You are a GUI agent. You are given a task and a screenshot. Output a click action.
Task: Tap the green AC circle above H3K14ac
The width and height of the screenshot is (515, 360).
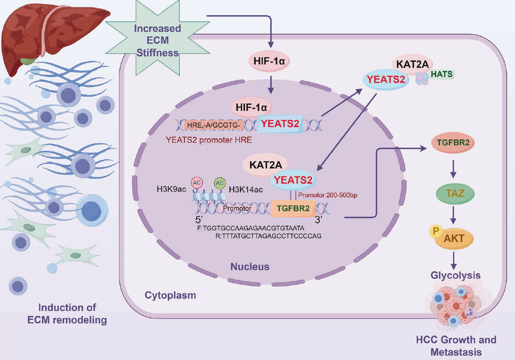(x=219, y=182)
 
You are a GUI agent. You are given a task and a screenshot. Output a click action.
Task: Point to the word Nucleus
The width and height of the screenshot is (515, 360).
(x=250, y=267)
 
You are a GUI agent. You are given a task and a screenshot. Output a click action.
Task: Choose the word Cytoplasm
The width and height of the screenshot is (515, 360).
(x=170, y=296)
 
